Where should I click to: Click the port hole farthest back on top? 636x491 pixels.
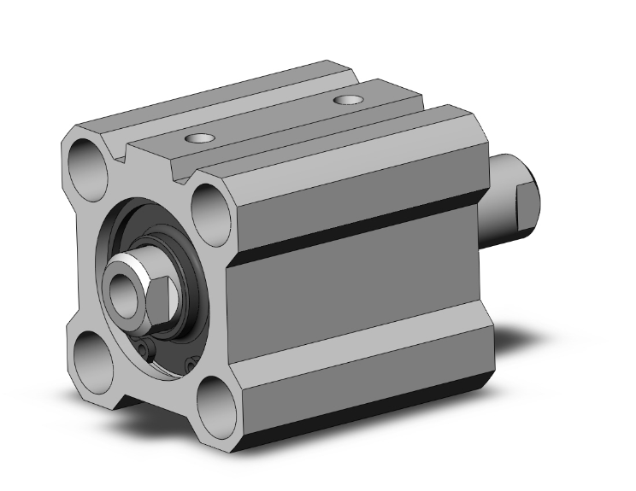pyautogui.click(x=347, y=101)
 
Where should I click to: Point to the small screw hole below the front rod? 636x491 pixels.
pyautogui.click(x=145, y=349)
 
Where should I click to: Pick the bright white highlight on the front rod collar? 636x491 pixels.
pyautogui.click(x=129, y=261)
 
